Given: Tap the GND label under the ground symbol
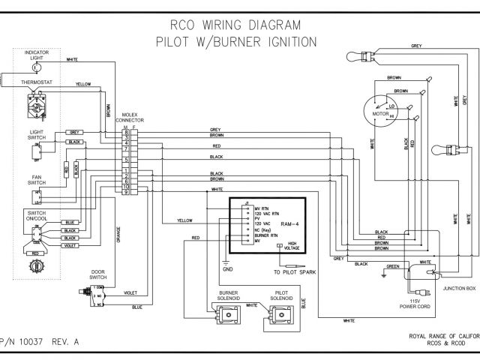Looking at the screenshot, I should [225, 268].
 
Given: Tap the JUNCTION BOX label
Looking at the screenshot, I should [458, 287].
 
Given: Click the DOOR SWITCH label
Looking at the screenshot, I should [97, 274].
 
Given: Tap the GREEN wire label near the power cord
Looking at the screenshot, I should [392, 265].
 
